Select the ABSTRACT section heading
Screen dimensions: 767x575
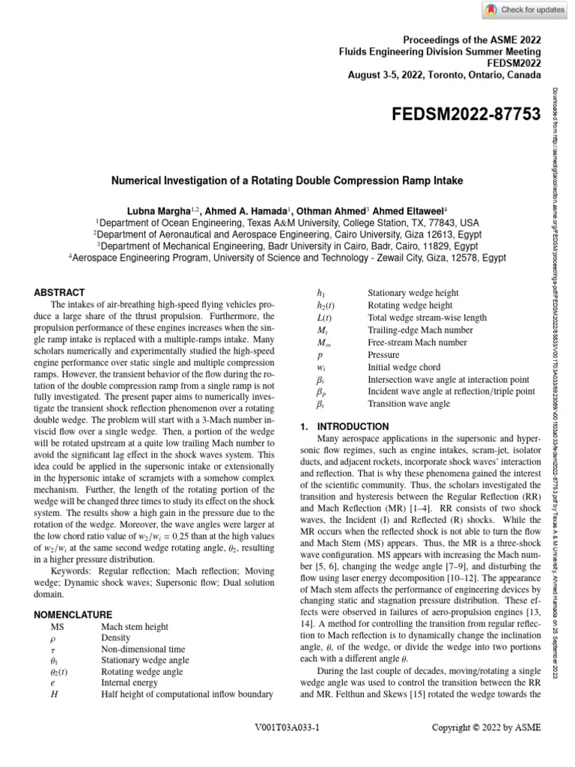[x=60, y=292]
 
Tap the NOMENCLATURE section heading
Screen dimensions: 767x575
[x=73, y=614]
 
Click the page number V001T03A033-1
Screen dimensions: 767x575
[x=287, y=727]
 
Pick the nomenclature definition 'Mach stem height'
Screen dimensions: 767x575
[x=135, y=627]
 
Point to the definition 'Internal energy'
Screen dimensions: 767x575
[x=130, y=682]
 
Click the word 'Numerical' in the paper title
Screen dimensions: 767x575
[x=142, y=181]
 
